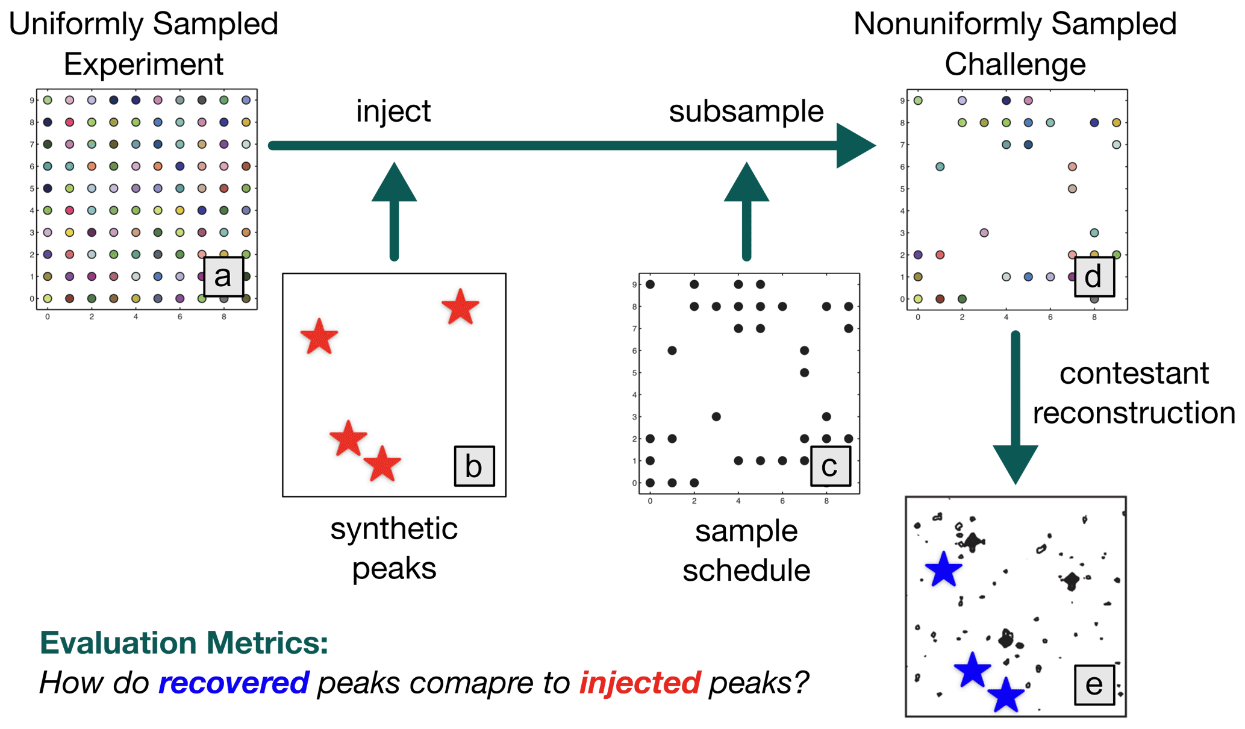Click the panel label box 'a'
pos(223,277)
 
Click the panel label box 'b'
pos(474,466)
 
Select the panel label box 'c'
pos(831,466)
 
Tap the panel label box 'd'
pos(1094,277)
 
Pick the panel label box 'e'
pos(1094,684)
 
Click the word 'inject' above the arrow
pos(393,111)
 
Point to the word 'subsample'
pos(746,111)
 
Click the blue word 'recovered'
pos(234,683)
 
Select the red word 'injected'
pos(640,683)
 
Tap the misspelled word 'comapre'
pos(444,683)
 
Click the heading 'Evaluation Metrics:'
pos(184,643)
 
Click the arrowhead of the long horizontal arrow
pos(855,145)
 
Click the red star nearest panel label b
pos(382,465)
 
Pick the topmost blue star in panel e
pos(943,569)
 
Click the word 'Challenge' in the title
pos(1015,64)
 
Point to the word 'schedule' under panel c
pos(746,570)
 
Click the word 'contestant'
pos(1134,374)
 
